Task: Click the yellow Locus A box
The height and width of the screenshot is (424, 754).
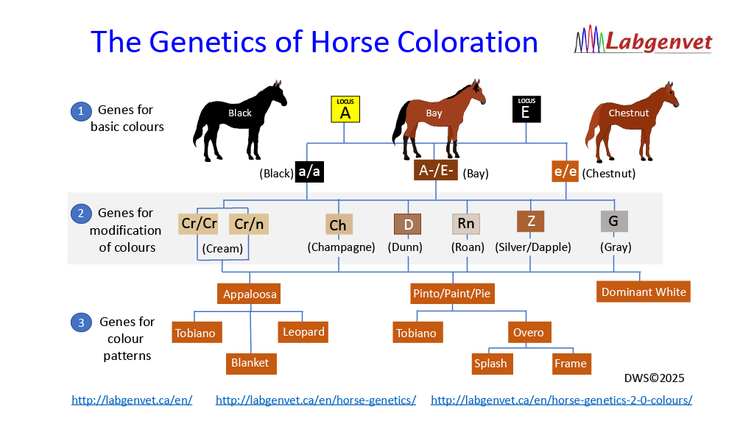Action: (345, 109)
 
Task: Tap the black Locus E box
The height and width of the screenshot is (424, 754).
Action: (526, 109)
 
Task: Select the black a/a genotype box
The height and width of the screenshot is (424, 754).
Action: (309, 172)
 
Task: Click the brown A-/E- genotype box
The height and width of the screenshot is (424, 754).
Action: (436, 170)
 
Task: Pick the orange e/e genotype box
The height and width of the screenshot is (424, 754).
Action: (565, 172)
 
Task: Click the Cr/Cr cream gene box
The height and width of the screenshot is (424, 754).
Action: (198, 224)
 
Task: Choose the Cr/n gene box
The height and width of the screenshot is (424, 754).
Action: (249, 224)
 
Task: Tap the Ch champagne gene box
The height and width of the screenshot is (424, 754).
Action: (338, 225)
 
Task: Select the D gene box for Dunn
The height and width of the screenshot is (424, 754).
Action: (408, 224)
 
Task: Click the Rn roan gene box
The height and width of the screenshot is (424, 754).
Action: (466, 224)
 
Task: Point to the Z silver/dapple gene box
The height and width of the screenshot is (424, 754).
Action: (531, 221)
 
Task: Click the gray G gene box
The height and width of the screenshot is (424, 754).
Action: (614, 221)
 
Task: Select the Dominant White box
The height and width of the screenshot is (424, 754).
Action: (644, 291)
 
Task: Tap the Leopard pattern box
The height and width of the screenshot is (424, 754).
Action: (303, 332)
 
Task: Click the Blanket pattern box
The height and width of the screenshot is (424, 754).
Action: (251, 364)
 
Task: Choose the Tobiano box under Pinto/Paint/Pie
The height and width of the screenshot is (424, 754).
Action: (417, 332)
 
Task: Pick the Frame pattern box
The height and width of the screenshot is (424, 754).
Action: (571, 364)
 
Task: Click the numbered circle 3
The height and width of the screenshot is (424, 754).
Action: (81, 322)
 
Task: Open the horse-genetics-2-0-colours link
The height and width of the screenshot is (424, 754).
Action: (562, 400)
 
